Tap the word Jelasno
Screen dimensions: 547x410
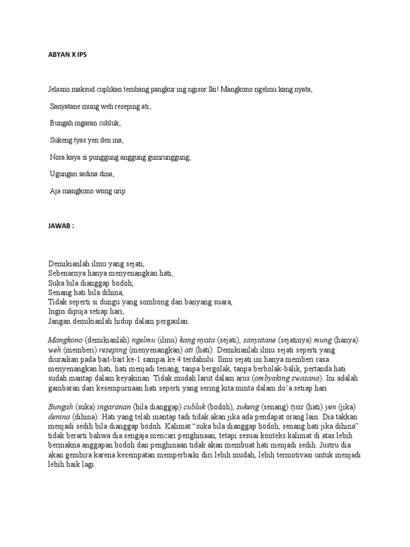coord(59,90)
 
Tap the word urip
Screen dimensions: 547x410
coord(117,191)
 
